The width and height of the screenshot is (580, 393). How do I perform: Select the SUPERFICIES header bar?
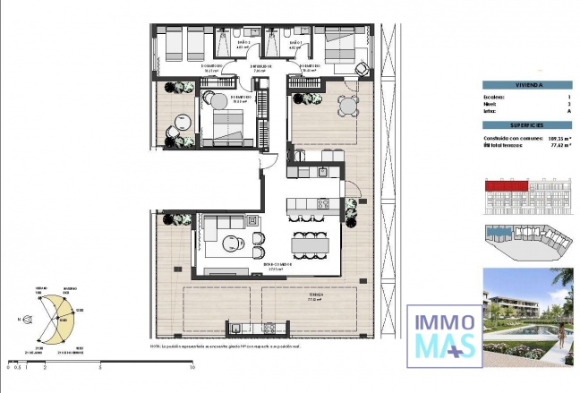pyautogui.click(x=527, y=126)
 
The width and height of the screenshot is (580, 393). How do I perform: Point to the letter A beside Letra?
pyautogui.click(x=569, y=112)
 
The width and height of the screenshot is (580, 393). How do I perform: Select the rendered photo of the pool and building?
pyautogui.click(x=527, y=317)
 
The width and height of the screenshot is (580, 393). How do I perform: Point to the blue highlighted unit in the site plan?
pyautogui.click(x=499, y=235)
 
